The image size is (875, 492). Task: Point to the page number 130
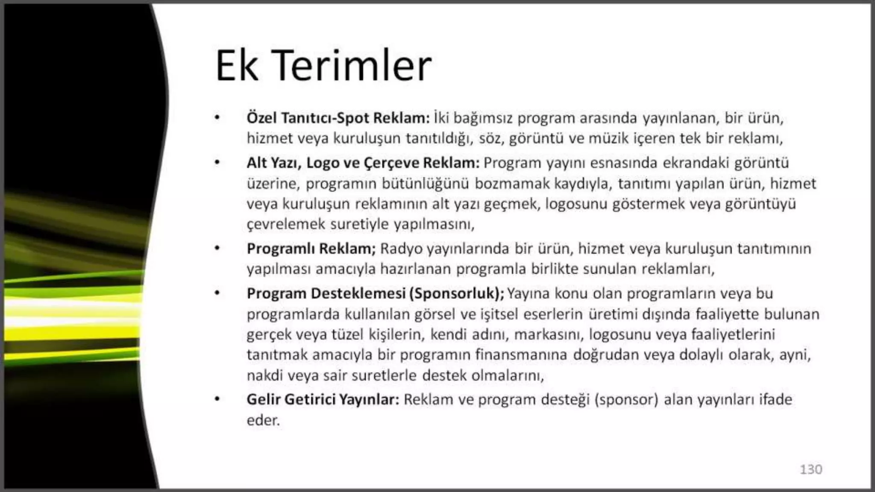pyautogui.click(x=810, y=469)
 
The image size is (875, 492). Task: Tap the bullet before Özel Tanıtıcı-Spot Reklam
pyautogui.click(x=217, y=117)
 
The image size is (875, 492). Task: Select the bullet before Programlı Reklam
pyautogui.click(x=217, y=248)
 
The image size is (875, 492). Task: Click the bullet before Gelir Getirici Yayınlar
pyautogui.click(x=217, y=399)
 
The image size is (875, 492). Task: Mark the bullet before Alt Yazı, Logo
pyautogui.click(x=217, y=163)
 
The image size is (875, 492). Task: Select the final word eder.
pyautogui.click(x=263, y=420)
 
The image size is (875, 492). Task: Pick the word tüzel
pyautogui.click(x=347, y=334)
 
